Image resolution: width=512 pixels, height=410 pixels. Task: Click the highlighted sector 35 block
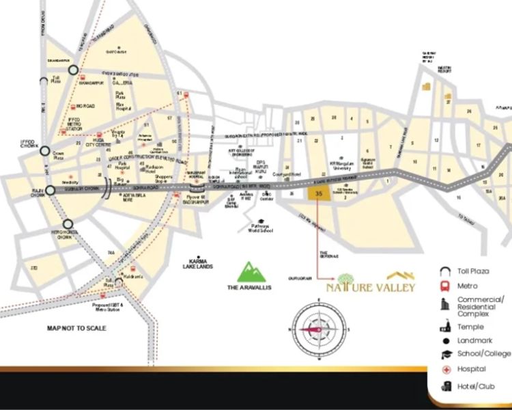(316, 194)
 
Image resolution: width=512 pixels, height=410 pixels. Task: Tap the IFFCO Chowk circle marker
(45, 151)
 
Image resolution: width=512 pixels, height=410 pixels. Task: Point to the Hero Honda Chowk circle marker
(68, 223)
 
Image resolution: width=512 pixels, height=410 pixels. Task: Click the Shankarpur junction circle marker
(74, 69)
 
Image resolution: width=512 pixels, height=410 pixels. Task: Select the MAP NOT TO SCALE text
(76, 329)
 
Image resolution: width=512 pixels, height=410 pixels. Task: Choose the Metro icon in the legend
(444, 286)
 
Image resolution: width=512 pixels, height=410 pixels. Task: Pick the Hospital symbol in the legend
(444, 370)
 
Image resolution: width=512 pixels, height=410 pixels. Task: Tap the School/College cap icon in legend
(444, 353)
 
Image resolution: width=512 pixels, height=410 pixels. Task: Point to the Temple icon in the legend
(444, 327)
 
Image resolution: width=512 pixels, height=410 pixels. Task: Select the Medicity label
(70, 182)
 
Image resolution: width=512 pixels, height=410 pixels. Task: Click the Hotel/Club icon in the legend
(444, 386)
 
